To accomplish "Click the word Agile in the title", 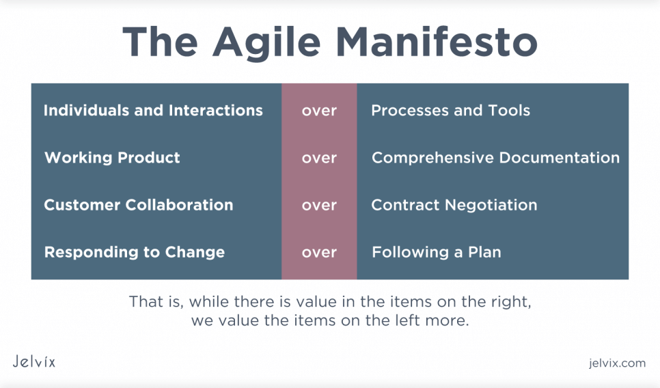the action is [266, 42].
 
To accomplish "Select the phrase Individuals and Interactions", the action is [153, 110].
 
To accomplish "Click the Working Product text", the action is [112, 158].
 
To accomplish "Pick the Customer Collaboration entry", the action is [139, 205].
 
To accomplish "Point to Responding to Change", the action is [135, 253].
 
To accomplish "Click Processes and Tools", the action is [450, 110].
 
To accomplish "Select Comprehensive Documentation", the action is [495, 158].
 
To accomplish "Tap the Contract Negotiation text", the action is [454, 205].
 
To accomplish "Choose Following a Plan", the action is [437, 252].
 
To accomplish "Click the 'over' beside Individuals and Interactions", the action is [319, 111].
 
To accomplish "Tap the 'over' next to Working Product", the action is [319, 158].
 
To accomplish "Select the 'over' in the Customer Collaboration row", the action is [319, 206].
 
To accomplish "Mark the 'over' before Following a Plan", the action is [319, 253].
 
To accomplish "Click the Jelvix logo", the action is [33, 361].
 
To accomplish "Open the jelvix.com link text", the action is [617, 363].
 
